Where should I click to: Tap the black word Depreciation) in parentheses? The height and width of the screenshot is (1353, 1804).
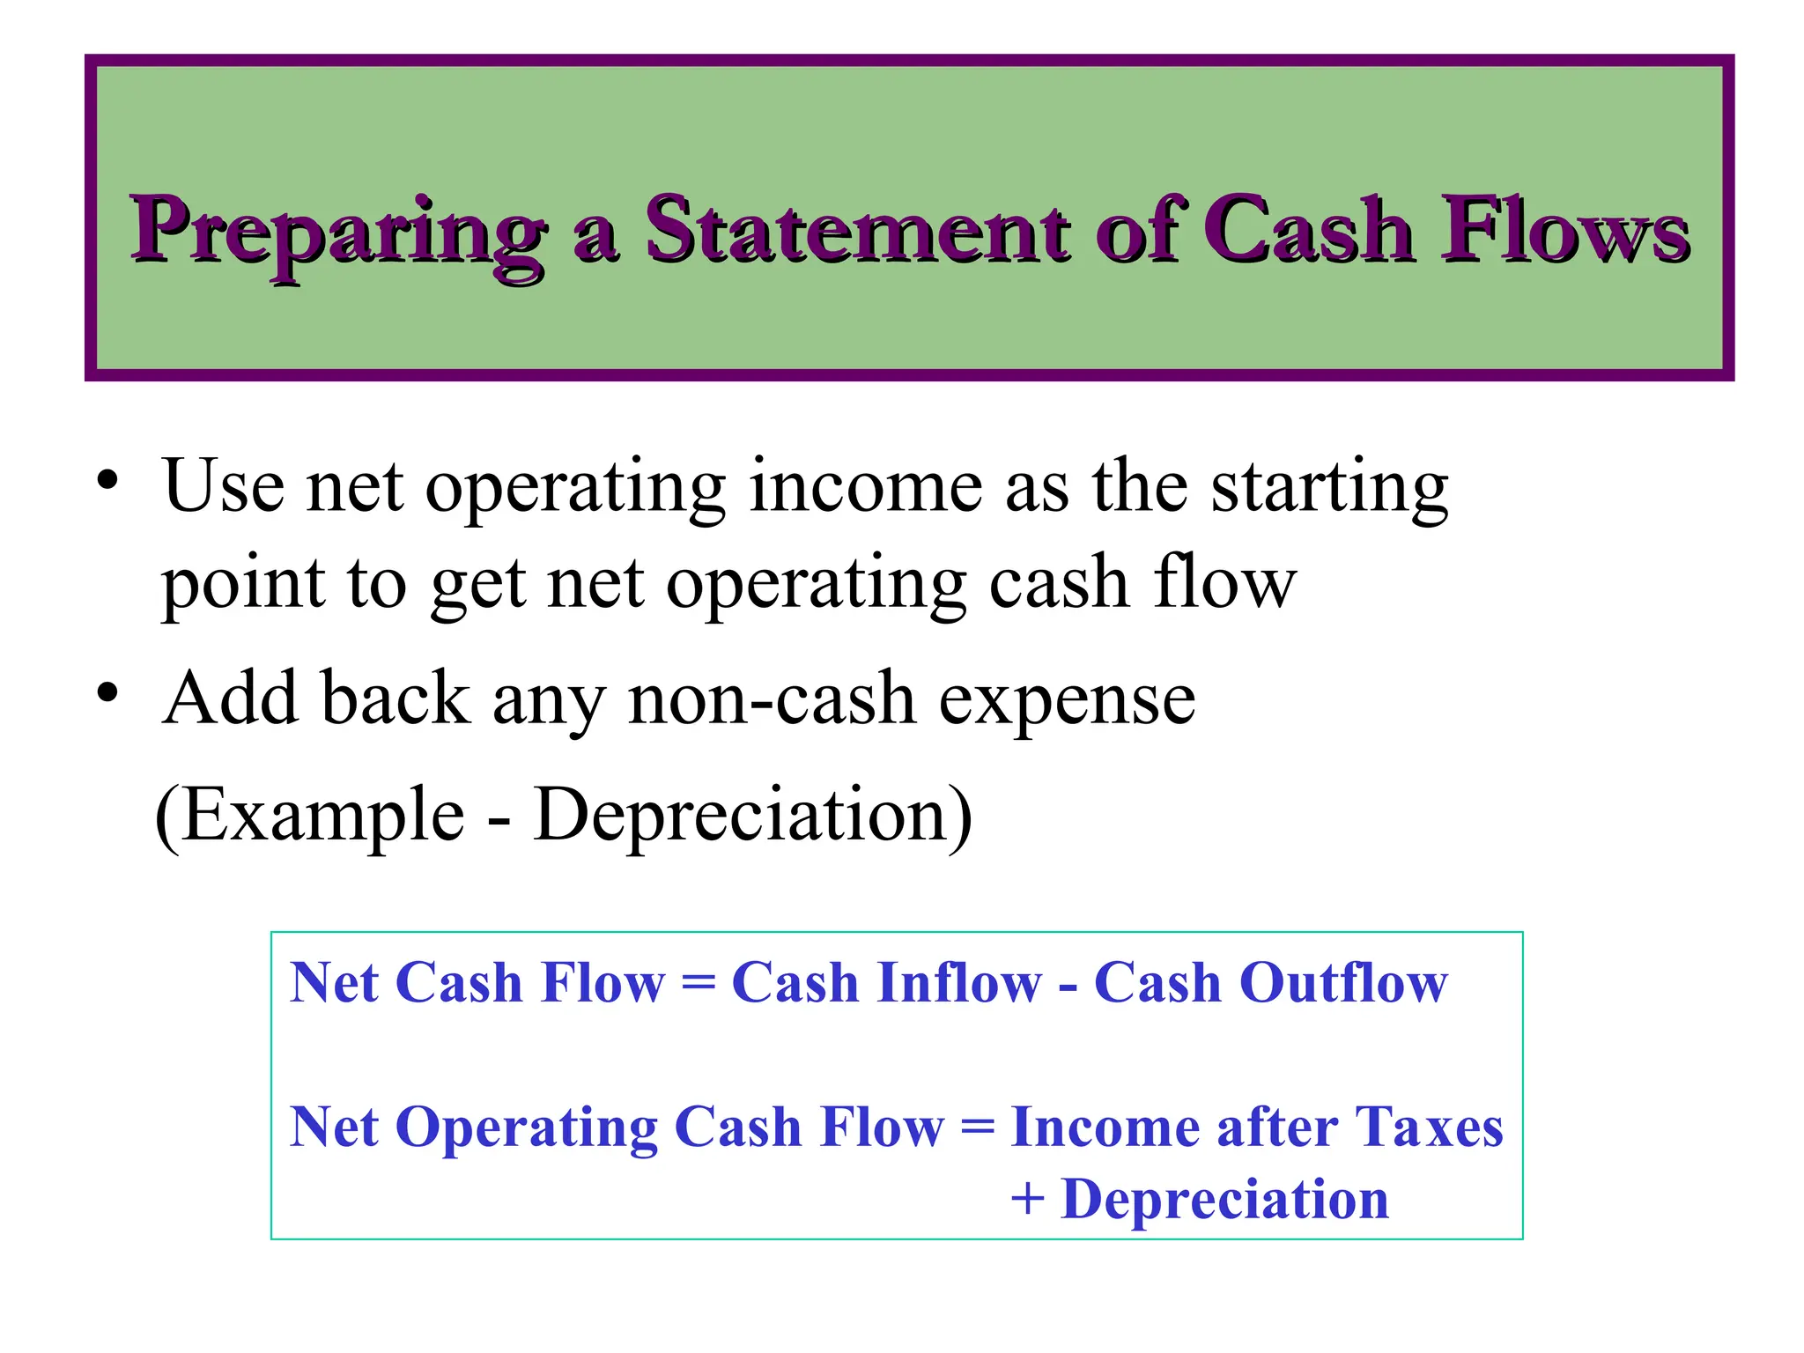pos(753,816)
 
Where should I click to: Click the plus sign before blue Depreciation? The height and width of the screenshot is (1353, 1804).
pos(1027,1199)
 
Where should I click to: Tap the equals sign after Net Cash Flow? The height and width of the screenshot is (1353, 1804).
pos(698,983)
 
